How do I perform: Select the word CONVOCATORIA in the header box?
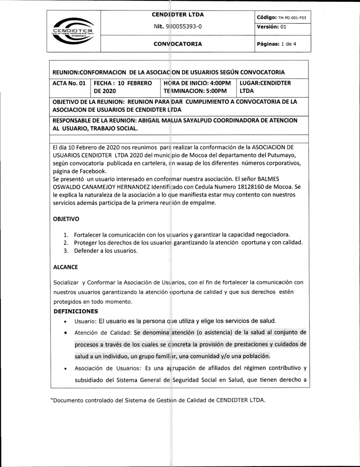(x=177, y=44)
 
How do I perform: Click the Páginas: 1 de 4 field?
(x=277, y=44)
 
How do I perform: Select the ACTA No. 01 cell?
(x=69, y=83)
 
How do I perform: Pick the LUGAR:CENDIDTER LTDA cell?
(x=265, y=87)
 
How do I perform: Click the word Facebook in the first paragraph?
(x=92, y=171)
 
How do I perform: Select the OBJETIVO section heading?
(x=66, y=219)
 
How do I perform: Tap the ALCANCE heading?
(x=65, y=267)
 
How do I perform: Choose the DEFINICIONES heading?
(x=75, y=311)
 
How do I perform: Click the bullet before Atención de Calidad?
(x=66, y=333)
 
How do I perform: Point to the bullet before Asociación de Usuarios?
(x=66, y=369)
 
